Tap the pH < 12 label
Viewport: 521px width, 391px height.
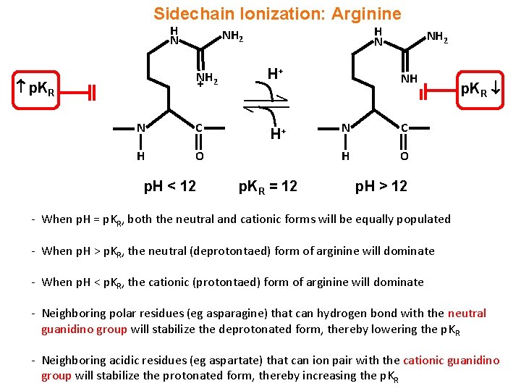tap(169, 186)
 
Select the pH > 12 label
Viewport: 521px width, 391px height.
tap(381, 186)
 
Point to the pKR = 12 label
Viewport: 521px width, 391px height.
tap(268, 186)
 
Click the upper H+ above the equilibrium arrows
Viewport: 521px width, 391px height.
tap(275, 74)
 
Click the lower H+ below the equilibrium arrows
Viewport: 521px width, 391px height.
tap(277, 133)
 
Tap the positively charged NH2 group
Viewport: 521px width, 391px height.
tap(207, 80)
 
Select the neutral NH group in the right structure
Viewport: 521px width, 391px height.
tap(409, 79)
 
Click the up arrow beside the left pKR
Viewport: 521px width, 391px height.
tap(21, 88)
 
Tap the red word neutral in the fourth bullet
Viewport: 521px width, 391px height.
tap(467, 314)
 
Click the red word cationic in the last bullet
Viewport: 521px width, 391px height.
tap(428, 360)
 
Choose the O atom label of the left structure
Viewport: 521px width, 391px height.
tap(199, 156)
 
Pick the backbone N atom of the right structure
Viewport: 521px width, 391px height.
tap(346, 128)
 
